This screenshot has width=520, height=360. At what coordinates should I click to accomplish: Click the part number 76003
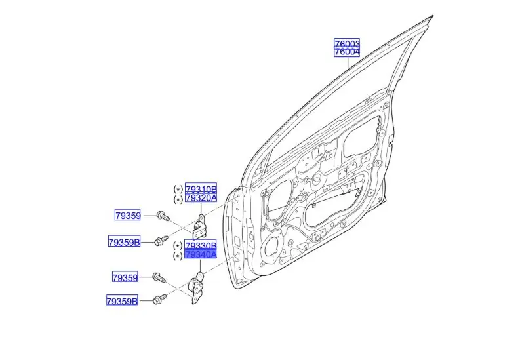[347, 43]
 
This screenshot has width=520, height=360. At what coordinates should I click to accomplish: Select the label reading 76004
[347, 52]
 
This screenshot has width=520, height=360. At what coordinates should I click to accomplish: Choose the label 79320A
[201, 198]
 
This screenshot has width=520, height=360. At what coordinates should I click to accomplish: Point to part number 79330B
[201, 245]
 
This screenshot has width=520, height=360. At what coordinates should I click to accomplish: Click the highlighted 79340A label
[201, 254]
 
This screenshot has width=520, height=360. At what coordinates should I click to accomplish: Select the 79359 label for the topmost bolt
[127, 214]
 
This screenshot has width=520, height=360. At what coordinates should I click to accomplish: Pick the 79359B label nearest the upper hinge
[124, 242]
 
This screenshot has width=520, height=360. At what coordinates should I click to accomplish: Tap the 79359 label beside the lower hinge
[124, 277]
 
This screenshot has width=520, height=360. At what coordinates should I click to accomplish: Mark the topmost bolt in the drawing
[163, 215]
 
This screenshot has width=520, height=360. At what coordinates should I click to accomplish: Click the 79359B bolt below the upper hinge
[161, 241]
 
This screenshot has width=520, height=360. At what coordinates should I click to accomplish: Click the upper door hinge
[202, 225]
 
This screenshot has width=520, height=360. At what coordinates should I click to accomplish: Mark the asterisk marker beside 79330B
[178, 245]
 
